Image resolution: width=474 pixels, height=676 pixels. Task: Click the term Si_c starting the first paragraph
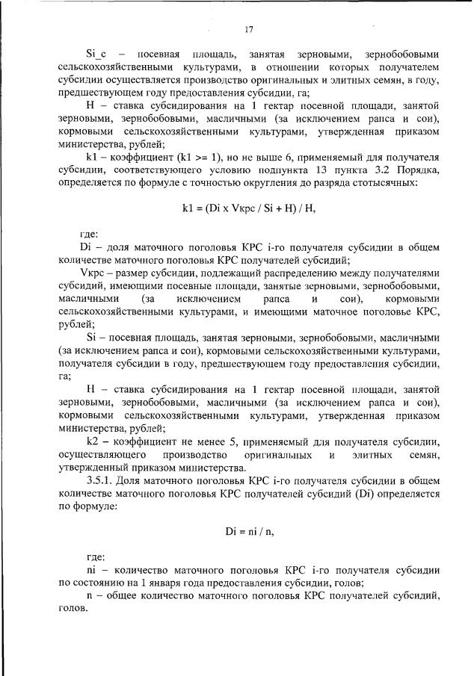point(97,54)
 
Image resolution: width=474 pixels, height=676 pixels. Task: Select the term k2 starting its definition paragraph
point(93,440)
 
